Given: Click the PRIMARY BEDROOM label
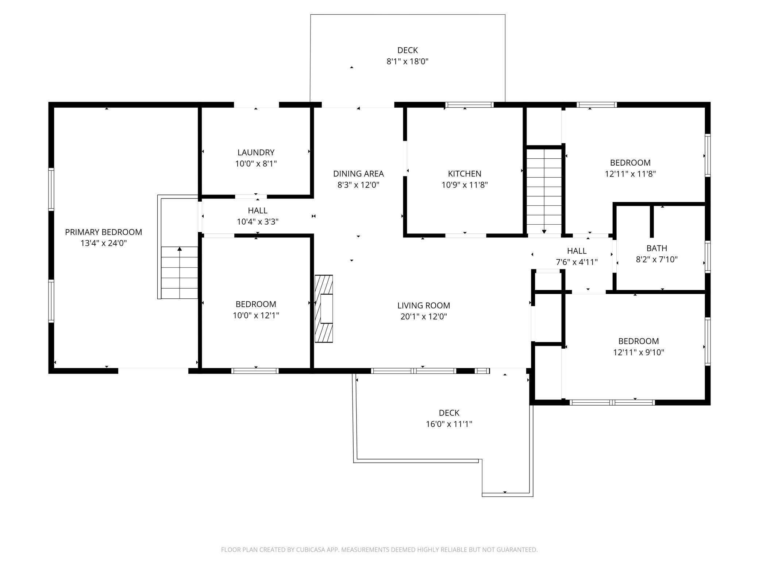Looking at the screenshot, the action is tap(103, 232).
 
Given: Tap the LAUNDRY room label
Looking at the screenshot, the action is tap(256, 152).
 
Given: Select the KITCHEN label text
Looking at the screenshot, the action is tap(465, 174).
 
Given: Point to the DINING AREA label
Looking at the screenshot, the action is tap(358, 174).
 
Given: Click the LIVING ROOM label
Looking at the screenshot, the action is tap(424, 305).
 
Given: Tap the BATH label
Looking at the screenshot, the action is tap(657, 248).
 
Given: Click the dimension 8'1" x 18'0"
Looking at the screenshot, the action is tap(407, 61).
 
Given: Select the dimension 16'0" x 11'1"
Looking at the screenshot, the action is tap(449, 424).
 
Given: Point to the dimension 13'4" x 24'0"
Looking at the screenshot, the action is tap(103, 243).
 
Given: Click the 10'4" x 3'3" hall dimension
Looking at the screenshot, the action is tap(258, 221).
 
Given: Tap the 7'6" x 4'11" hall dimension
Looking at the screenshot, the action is tap(577, 262).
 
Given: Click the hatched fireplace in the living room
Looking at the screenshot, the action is tap(324, 309).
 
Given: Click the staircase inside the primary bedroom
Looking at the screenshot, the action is tap(179, 272).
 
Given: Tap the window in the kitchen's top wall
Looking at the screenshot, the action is tap(469, 105).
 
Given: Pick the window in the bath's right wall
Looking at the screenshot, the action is tap(708, 256).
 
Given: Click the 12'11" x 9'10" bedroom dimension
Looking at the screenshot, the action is tap(639, 352).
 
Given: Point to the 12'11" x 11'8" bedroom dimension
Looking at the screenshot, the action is tap(630, 174).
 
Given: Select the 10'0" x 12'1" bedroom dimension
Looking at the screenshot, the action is tap(256, 315).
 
